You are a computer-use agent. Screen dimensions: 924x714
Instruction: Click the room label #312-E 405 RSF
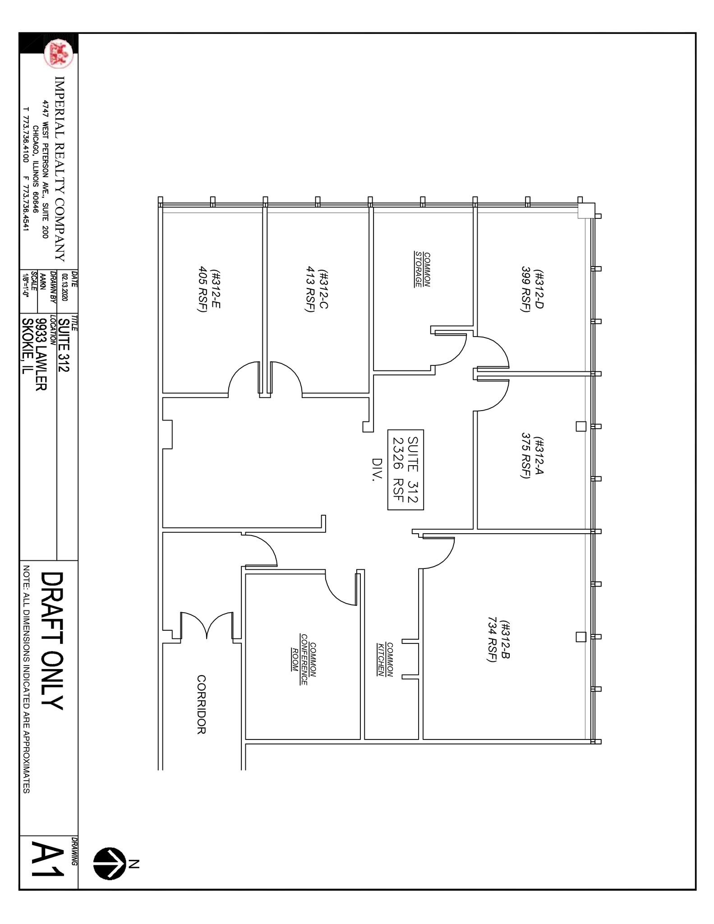pyautogui.click(x=209, y=291)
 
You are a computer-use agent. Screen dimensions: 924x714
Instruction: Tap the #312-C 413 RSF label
pyautogui.click(x=316, y=291)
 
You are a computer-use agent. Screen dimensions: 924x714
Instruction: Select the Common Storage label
pyautogui.click(x=422, y=269)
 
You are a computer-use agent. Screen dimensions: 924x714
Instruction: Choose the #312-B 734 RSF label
pyautogui.click(x=498, y=641)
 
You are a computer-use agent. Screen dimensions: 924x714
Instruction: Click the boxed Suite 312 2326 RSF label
pyautogui.click(x=405, y=470)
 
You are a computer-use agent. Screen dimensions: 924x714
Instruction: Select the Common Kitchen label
pyautogui.click(x=385, y=659)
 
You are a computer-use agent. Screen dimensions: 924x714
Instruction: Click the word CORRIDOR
pyautogui.click(x=202, y=704)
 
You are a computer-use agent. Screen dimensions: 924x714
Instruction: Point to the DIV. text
pyautogui.click(x=376, y=470)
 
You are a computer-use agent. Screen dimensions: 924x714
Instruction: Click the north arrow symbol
pyautogui.click(x=110, y=863)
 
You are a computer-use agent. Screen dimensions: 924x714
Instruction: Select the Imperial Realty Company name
pyautogui.click(x=60, y=169)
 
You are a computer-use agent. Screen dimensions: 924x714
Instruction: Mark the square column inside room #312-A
pyautogui.click(x=581, y=426)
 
